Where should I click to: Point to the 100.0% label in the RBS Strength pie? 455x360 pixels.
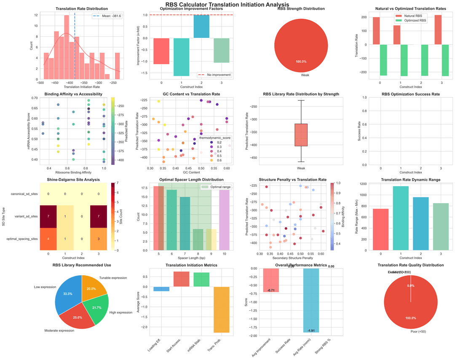(x=301, y=62)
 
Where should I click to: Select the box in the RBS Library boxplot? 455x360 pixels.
(x=301, y=135)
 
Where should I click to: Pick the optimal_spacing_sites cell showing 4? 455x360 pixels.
(x=49, y=239)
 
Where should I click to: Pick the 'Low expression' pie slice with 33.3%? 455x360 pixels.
(x=67, y=293)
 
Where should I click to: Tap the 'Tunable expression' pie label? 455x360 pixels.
(x=112, y=278)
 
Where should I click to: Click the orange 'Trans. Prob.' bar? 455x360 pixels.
(x=222, y=309)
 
